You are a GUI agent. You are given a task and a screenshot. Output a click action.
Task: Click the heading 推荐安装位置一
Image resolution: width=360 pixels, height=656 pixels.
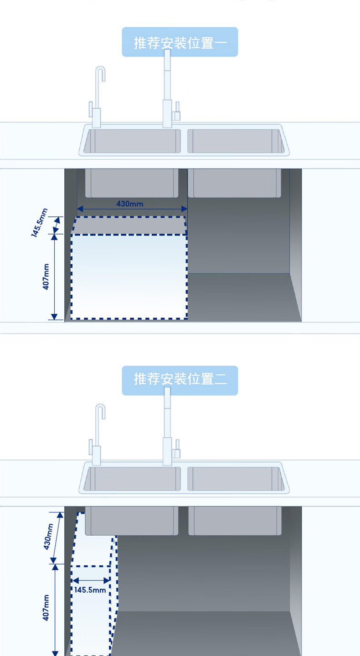tap(180, 43)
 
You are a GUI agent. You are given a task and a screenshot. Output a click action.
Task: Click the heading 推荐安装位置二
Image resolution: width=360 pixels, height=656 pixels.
tap(180, 379)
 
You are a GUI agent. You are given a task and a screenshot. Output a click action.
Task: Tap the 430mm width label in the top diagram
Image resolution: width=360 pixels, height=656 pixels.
tap(129, 203)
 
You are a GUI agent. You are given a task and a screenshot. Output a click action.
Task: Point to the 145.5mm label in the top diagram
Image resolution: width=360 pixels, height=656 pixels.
tap(40, 223)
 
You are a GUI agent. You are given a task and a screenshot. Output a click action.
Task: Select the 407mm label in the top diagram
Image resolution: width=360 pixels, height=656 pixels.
tap(46, 278)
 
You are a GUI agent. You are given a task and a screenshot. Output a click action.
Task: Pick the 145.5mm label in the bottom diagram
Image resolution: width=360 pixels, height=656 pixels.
tap(90, 590)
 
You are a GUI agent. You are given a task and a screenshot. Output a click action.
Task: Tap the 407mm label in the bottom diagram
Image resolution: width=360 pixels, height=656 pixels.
tap(46, 608)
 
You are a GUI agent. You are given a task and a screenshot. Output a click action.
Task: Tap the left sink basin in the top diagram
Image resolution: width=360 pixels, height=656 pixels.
tap(132, 141)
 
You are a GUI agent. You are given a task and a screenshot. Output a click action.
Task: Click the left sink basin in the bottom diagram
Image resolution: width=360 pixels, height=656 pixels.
tap(132, 478)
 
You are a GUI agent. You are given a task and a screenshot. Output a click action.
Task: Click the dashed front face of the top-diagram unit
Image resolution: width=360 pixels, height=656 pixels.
tap(129, 277)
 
